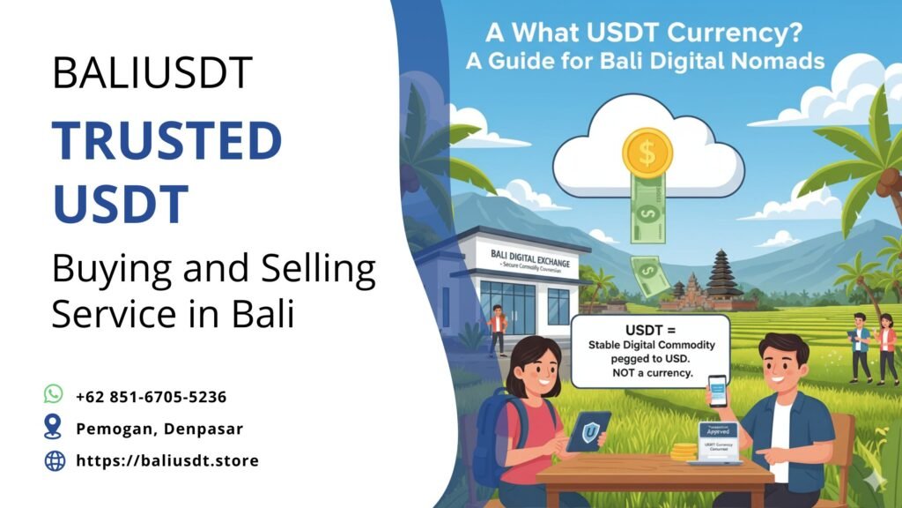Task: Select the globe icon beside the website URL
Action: [x=55, y=459]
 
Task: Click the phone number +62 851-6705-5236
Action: [x=151, y=397]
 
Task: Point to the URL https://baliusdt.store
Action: [x=167, y=460]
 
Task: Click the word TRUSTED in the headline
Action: [x=166, y=141]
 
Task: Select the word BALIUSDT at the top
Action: [x=152, y=73]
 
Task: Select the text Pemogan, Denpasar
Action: [x=159, y=429]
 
